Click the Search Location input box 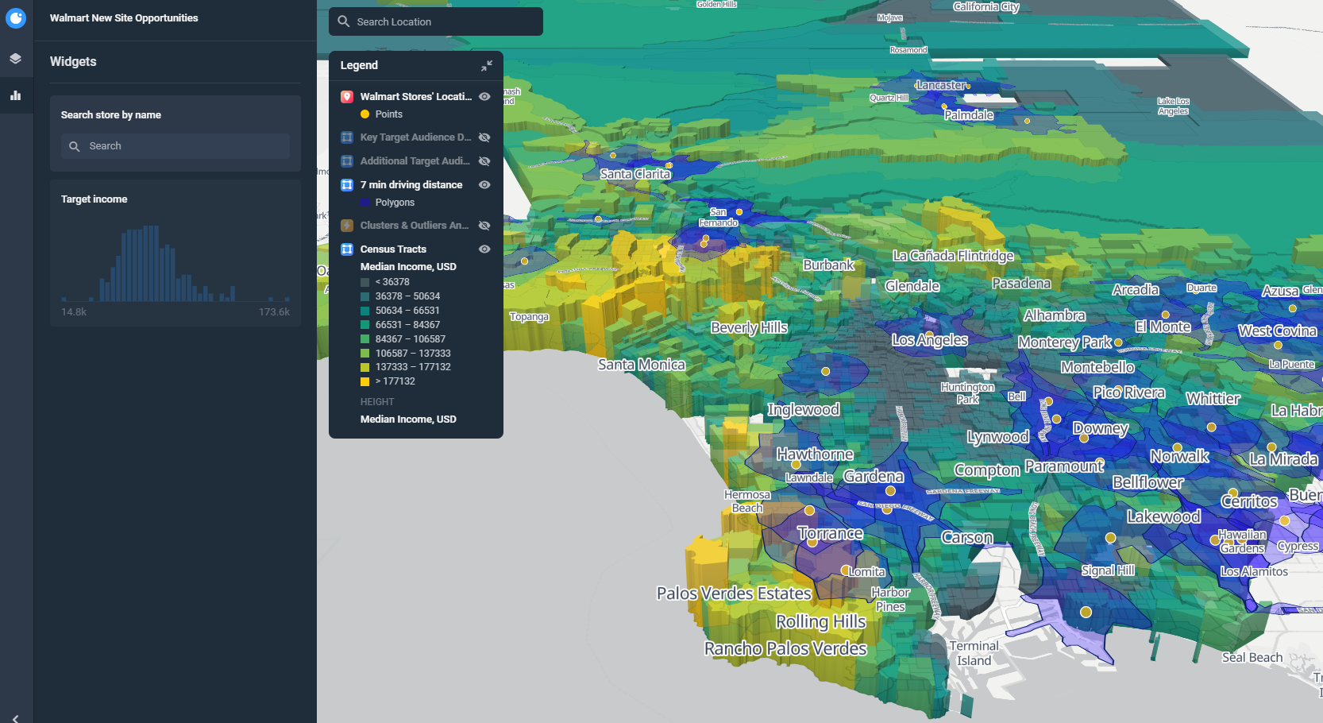click(x=436, y=21)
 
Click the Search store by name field click(x=175, y=146)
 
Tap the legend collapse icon click(x=486, y=65)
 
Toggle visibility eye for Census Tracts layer click(x=484, y=249)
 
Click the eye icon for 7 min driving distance click(x=484, y=185)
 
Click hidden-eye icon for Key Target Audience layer click(x=484, y=137)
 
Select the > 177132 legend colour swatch click(x=365, y=381)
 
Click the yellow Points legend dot click(x=365, y=114)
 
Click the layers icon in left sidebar click(x=16, y=59)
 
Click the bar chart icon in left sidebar click(x=16, y=95)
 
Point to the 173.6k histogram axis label click(x=274, y=312)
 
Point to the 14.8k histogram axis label click(x=74, y=312)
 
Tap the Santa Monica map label click(x=641, y=365)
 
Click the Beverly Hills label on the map click(x=749, y=327)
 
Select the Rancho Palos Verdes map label click(x=785, y=648)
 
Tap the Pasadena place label click(x=1020, y=284)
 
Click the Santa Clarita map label click(x=634, y=174)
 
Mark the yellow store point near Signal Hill click(x=1111, y=538)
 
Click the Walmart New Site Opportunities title click(x=124, y=17)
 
